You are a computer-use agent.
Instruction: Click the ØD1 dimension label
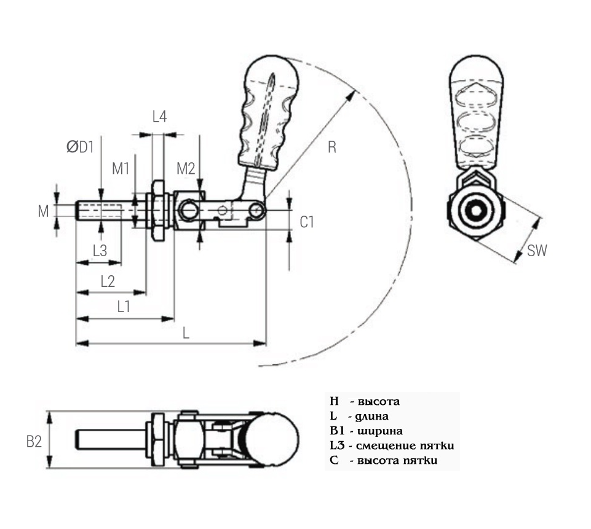[x=80, y=147]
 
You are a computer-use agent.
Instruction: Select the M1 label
[x=121, y=168]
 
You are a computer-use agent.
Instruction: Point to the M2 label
[x=186, y=168]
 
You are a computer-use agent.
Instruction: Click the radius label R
[x=331, y=147]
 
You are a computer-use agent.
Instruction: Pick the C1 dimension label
[x=307, y=222]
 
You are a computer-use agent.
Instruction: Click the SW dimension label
[x=537, y=250]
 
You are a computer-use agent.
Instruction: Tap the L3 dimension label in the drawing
[x=100, y=251]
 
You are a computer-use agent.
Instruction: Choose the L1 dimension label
[x=124, y=307]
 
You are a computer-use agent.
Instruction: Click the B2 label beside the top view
[x=34, y=441]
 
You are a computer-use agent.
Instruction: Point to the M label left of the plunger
[x=43, y=211]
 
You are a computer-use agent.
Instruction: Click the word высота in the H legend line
[x=379, y=402]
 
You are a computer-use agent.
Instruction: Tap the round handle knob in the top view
[x=275, y=439]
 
